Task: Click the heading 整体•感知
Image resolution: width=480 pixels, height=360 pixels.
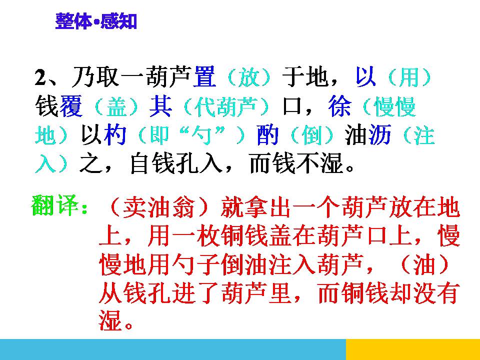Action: coord(96,22)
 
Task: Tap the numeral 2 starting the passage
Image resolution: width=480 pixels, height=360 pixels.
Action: coord(40,78)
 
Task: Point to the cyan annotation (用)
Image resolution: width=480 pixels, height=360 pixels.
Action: coord(409,77)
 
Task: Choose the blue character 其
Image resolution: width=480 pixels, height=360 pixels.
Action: coord(160,106)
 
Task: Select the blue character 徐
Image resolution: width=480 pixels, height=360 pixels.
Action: coord(340,106)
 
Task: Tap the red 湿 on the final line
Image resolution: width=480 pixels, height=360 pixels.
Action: coord(110,321)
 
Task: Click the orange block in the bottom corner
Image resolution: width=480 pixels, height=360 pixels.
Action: coord(412,349)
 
